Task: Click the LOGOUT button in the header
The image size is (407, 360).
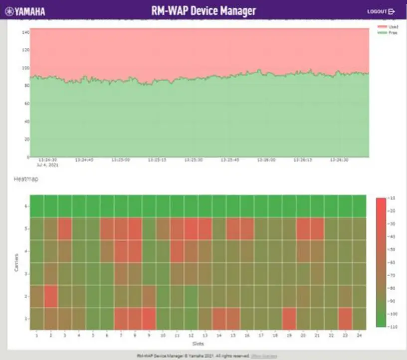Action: (x=381, y=11)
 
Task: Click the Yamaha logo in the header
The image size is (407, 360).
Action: (x=25, y=11)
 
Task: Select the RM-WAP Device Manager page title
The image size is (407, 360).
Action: (x=203, y=10)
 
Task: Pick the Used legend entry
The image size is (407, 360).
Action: (x=393, y=26)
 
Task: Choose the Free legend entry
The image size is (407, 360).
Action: (x=393, y=32)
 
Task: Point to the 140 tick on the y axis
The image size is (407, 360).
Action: (x=25, y=32)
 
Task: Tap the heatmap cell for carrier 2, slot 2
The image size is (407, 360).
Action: (x=50, y=296)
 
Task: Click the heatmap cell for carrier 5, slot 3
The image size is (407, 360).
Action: (x=64, y=228)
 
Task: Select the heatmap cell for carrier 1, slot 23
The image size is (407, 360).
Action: (x=345, y=319)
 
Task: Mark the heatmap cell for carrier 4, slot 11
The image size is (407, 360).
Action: (x=177, y=251)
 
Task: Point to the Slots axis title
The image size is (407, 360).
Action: (x=198, y=343)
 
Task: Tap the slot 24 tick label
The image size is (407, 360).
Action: (x=359, y=336)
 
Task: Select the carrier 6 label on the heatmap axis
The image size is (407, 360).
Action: (x=25, y=206)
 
